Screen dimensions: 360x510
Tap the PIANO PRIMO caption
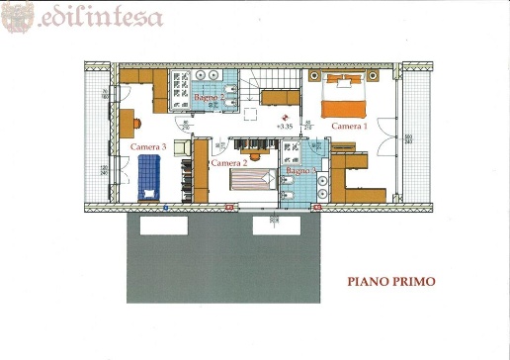coord(390,281)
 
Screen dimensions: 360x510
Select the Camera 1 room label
coord(348,127)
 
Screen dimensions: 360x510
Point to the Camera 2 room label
coord(228,162)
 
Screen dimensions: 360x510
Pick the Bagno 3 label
coord(299,171)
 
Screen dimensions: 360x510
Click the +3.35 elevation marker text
coord(286,127)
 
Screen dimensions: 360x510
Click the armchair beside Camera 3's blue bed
coord(181,147)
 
